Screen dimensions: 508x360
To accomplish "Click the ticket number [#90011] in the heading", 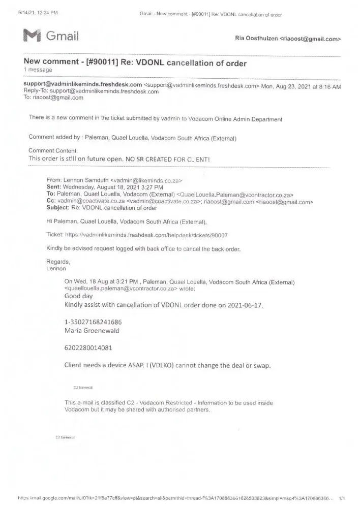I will [x=99, y=63].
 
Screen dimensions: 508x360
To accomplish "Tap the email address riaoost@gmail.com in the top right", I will [x=310, y=39].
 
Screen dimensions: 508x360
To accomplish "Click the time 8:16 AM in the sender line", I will [x=328, y=86].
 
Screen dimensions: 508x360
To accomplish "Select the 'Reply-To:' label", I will [x=38, y=92].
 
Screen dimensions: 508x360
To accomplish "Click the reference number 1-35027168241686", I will [x=93, y=322].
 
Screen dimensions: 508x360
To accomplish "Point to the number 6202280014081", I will [x=88, y=348].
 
